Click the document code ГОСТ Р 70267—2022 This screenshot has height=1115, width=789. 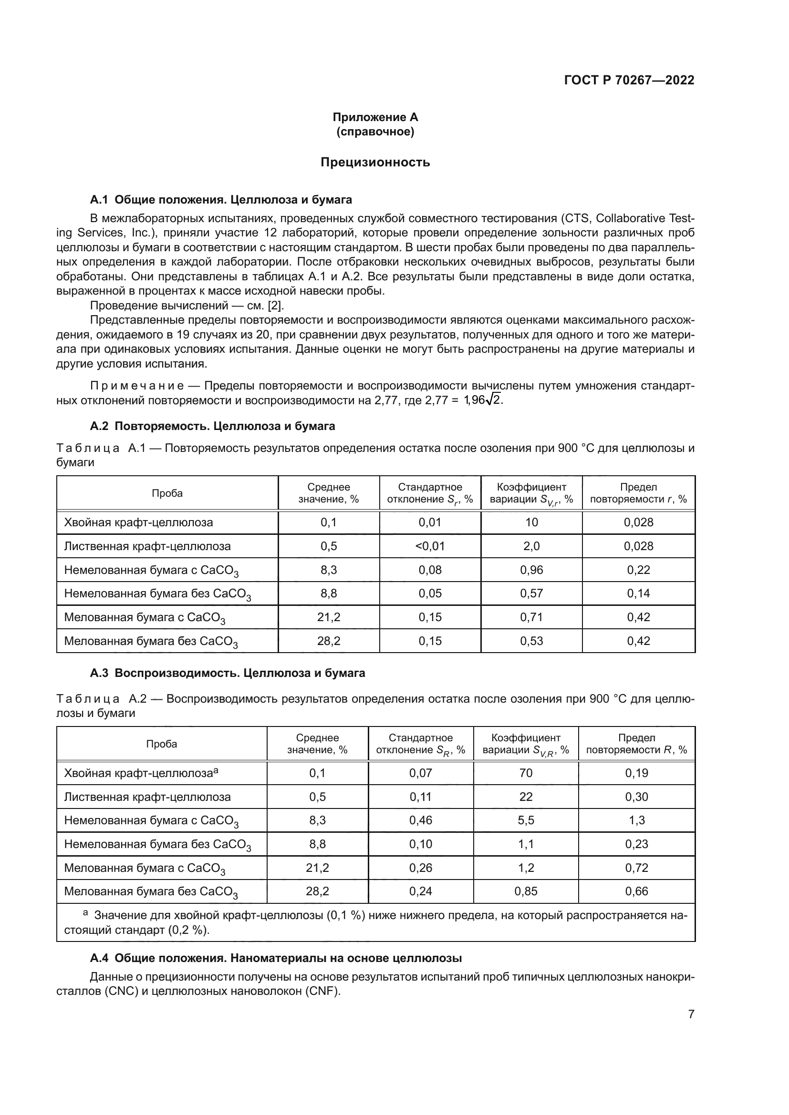tap(629, 81)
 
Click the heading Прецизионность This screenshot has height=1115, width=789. tap(375, 162)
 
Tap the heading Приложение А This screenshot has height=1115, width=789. tap(375, 117)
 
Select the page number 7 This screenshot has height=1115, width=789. tap(691, 1014)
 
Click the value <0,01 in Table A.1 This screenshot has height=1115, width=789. tap(430, 546)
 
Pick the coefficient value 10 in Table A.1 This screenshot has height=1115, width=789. tap(531, 522)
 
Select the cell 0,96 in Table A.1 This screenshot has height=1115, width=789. tap(531, 570)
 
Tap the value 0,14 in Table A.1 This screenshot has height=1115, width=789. tap(638, 593)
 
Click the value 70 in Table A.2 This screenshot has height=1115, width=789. tap(526, 773)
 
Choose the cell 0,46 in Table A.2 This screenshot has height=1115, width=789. tap(420, 820)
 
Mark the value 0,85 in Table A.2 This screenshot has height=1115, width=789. tap(526, 891)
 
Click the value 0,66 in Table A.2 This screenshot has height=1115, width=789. tap(636, 891)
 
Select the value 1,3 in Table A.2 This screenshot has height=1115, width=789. tap(636, 820)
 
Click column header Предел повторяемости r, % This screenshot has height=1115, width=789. tap(638, 493)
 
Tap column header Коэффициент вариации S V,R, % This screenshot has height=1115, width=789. tap(526, 744)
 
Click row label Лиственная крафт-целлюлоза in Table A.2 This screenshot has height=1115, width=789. tap(147, 797)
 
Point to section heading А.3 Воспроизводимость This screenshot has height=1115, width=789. tap(228, 673)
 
